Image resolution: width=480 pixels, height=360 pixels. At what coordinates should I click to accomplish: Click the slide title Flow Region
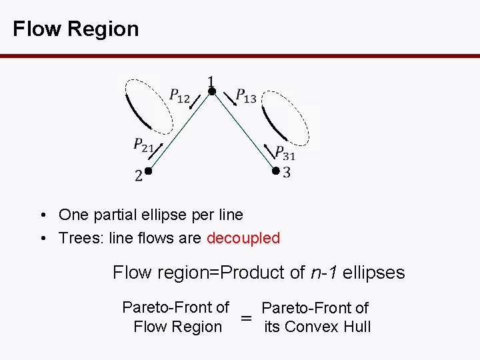tap(75, 29)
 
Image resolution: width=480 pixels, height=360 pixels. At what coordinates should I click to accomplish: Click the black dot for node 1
tap(211, 92)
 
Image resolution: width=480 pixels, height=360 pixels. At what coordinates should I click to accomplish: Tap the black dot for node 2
tap(149, 171)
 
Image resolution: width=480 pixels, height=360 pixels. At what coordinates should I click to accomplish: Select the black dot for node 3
tap(275, 171)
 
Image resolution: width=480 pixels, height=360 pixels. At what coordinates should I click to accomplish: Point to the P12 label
tap(179, 97)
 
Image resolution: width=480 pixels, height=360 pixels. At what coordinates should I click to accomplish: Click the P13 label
tap(245, 97)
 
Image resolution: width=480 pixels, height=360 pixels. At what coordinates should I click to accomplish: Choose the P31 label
tap(285, 153)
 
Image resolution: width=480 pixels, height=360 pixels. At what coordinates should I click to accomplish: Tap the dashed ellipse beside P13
tap(287, 117)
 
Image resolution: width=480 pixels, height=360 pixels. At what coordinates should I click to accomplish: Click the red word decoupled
tap(243, 238)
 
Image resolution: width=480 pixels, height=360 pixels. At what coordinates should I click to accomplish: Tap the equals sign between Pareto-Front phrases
tap(246, 319)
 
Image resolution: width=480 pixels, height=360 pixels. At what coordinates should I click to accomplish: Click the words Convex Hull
tap(327, 327)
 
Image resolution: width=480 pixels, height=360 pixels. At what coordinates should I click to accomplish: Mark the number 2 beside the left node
tap(138, 177)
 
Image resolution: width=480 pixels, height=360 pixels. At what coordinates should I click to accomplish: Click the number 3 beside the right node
tap(286, 173)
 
